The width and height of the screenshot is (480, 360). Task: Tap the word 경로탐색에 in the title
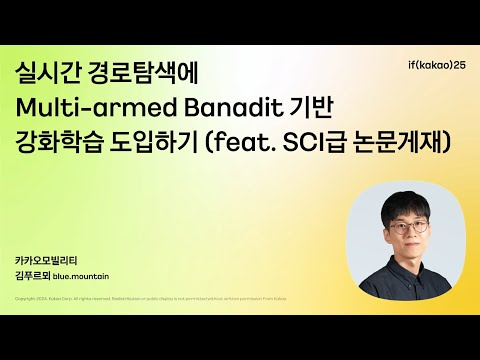coord(135,73)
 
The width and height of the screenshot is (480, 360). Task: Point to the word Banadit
coord(206,107)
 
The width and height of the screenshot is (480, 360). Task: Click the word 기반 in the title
coord(287,107)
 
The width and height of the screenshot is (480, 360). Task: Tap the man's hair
coord(405,203)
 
